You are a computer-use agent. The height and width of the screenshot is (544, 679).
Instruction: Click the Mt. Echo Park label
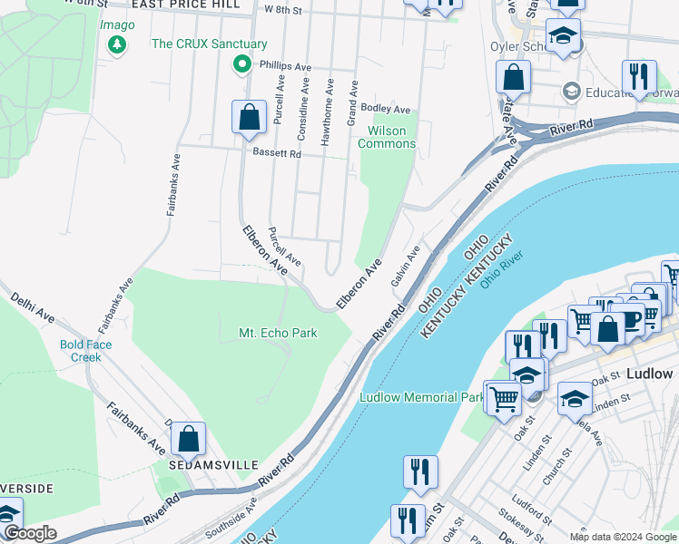pyautogui.click(x=278, y=333)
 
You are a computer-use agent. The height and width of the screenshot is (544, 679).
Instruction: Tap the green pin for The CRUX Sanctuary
pyautogui.click(x=241, y=63)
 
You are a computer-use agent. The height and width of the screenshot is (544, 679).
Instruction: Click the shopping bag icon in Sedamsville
pyautogui.click(x=188, y=439)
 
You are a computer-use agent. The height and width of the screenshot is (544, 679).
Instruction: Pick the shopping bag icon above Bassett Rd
pyautogui.click(x=248, y=117)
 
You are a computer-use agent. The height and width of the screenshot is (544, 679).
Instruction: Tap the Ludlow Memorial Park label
pyautogui.click(x=421, y=397)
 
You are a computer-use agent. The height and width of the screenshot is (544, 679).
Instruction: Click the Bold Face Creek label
pyautogui.click(x=86, y=350)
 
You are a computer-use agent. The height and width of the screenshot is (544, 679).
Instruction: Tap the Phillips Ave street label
pyautogui.click(x=285, y=66)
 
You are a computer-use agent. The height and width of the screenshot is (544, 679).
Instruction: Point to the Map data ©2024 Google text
pyautogui.click(x=622, y=537)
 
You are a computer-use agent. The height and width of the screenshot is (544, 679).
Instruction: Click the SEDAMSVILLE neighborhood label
pyautogui.click(x=206, y=463)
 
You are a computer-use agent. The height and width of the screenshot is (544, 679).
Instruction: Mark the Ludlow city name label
pyautogui.click(x=649, y=374)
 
